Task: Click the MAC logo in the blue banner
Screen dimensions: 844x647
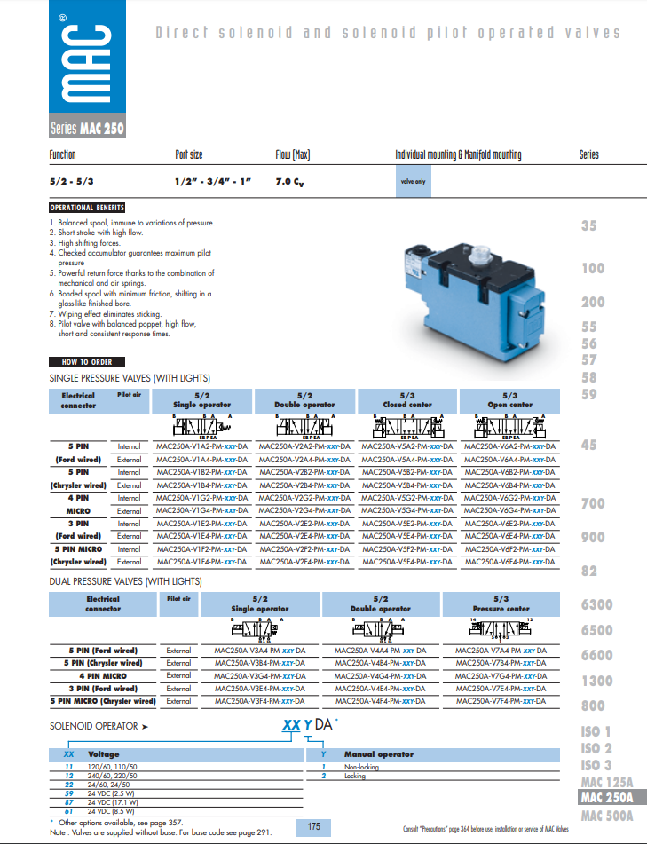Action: coord(87,61)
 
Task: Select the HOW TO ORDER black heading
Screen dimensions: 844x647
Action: coord(88,362)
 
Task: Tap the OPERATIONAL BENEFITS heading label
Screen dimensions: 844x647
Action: coord(87,208)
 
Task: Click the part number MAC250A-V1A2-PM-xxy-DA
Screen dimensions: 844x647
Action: coord(201,446)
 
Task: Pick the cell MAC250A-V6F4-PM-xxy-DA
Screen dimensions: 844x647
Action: coord(510,562)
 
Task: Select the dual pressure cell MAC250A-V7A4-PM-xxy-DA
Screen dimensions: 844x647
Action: coord(501,651)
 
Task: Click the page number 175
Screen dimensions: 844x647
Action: coord(314,827)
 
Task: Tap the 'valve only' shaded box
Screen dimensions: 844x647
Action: coord(414,181)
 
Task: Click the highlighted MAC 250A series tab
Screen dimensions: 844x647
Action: coord(607,798)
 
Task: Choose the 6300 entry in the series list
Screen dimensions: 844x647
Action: coord(596,604)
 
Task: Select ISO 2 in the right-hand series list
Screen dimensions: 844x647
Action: coord(596,748)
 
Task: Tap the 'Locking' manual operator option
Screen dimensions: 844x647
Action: coord(355,775)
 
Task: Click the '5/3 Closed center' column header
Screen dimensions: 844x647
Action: coord(407,400)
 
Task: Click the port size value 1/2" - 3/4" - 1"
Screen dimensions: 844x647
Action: coord(214,181)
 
